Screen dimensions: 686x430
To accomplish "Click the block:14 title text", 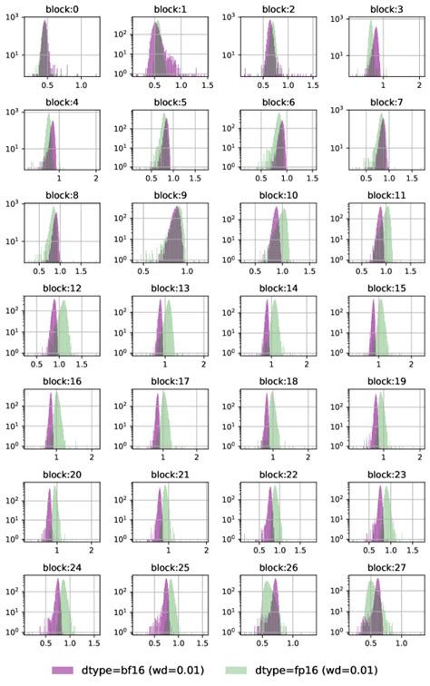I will pyautogui.click(x=274, y=289).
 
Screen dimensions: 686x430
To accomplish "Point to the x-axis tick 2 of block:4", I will pyautogui.click(x=97, y=178).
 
